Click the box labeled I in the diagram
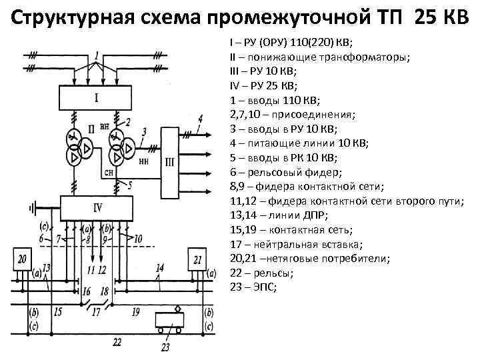point(96,98)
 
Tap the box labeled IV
point(98,207)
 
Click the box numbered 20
point(24,259)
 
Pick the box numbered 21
point(198,259)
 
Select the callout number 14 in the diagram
point(159,268)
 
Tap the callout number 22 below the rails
point(117,342)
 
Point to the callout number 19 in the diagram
point(135,311)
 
